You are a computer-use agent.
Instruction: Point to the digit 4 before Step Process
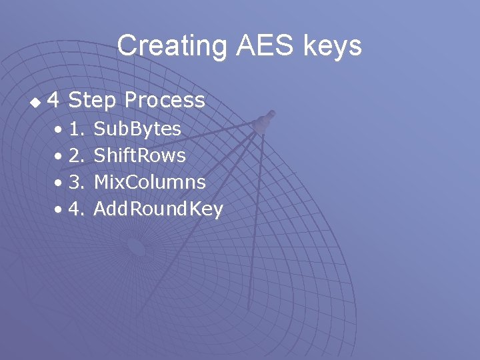click(55, 101)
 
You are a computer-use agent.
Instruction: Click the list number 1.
click(76, 129)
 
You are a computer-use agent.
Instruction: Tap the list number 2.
click(76, 155)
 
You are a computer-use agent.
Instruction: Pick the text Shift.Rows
click(140, 155)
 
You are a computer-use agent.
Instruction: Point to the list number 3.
click(76, 182)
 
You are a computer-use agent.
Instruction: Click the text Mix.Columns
click(149, 182)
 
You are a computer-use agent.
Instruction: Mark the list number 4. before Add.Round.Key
click(76, 209)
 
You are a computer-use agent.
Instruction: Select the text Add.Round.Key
click(158, 209)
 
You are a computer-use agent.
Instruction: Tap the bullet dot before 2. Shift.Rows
click(60, 156)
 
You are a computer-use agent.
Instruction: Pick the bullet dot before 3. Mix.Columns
click(60, 183)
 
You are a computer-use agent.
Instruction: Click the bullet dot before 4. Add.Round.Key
click(60, 209)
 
